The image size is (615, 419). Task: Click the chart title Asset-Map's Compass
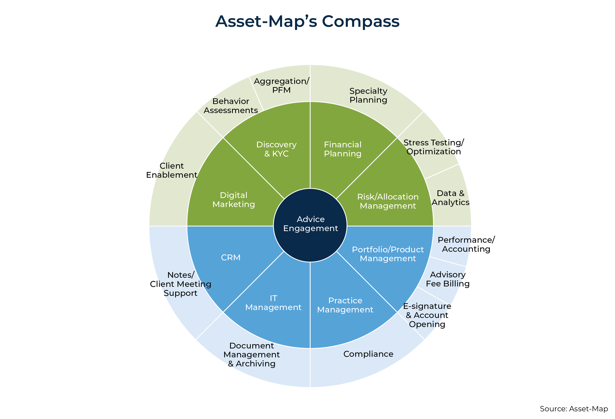(307, 21)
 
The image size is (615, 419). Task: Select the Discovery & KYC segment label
(276, 149)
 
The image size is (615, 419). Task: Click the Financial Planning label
(343, 149)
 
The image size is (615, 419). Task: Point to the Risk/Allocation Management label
(388, 201)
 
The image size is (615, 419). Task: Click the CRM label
(231, 257)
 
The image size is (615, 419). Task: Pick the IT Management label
(273, 303)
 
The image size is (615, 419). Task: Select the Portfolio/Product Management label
(388, 254)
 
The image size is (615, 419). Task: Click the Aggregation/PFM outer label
(282, 85)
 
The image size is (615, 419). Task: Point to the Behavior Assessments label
(231, 106)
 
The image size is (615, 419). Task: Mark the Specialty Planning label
(368, 95)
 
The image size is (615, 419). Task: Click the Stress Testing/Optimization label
(434, 147)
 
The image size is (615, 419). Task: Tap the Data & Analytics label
(450, 198)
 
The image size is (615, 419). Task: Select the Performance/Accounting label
(466, 244)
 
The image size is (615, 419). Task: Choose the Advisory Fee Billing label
(448, 279)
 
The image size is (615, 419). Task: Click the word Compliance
(368, 354)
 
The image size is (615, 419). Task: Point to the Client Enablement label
(172, 170)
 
